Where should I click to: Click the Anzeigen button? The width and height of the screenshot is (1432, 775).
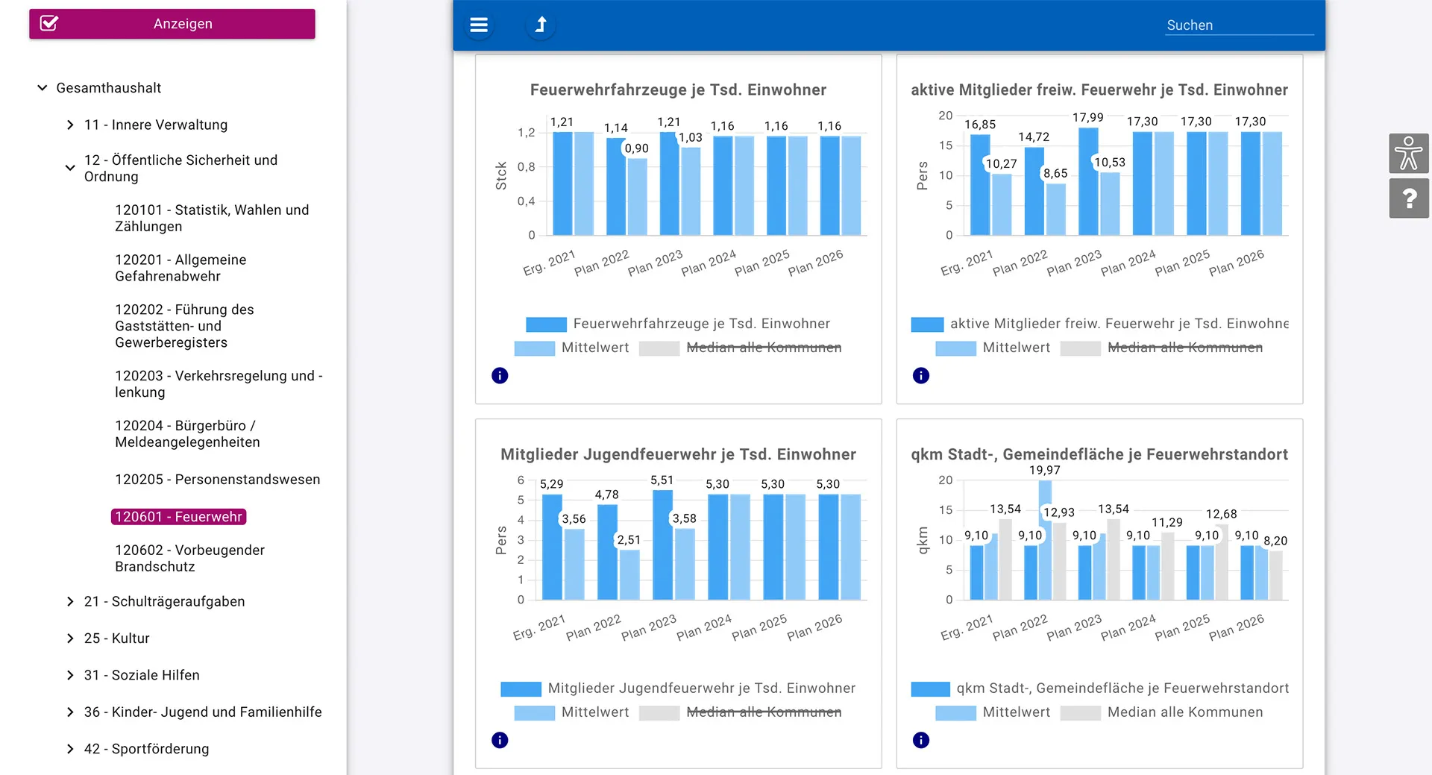[172, 24]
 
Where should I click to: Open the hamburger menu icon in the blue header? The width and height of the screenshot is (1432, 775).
[479, 25]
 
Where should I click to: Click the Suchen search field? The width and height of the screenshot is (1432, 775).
[1239, 25]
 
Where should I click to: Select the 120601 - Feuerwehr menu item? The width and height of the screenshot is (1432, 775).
[178, 517]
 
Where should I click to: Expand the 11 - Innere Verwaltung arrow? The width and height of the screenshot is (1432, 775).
[70, 125]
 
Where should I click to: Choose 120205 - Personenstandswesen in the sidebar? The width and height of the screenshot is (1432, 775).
[218, 480]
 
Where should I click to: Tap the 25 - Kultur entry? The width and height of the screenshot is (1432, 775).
[117, 638]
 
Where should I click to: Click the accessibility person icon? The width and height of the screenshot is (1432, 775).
[1409, 154]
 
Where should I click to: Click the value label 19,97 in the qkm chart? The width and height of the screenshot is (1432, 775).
[1044, 471]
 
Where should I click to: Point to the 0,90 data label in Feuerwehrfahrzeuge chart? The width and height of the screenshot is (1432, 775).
[636, 148]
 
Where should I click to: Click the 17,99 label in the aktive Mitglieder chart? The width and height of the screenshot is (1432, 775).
[1087, 118]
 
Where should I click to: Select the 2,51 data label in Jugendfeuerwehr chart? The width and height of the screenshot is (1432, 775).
[629, 540]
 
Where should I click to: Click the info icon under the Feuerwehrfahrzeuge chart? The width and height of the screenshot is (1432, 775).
[500, 376]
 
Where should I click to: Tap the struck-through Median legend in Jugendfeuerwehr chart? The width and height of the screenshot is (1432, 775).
[764, 712]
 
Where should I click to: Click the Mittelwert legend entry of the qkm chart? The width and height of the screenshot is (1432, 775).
[1016, 712]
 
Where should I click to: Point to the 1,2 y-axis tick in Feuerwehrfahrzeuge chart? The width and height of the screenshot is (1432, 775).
[527, 133]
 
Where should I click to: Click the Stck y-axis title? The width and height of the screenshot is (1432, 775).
[501, 176]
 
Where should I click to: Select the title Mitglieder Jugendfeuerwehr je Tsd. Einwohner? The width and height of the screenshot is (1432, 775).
[678, 455]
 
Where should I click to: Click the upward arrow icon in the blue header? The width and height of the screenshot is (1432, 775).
[541, 25]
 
